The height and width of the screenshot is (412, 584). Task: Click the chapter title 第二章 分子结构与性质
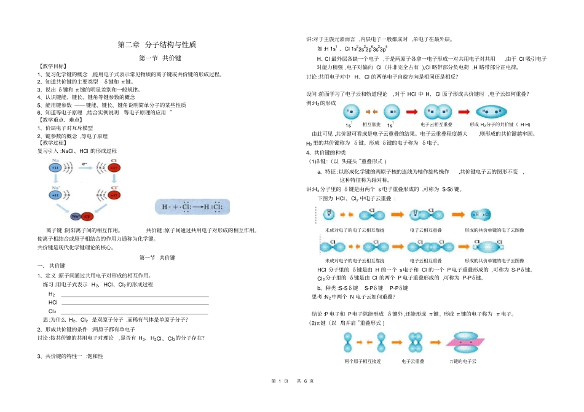[157, 45]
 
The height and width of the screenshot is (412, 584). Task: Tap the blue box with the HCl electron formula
[192, 207]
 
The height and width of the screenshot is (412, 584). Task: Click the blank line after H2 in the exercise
[135, 295]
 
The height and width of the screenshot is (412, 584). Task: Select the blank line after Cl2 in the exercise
[135, 311]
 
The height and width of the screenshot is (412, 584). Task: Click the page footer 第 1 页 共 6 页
[292, 381]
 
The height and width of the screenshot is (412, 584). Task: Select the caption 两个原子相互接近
[363, 361]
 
